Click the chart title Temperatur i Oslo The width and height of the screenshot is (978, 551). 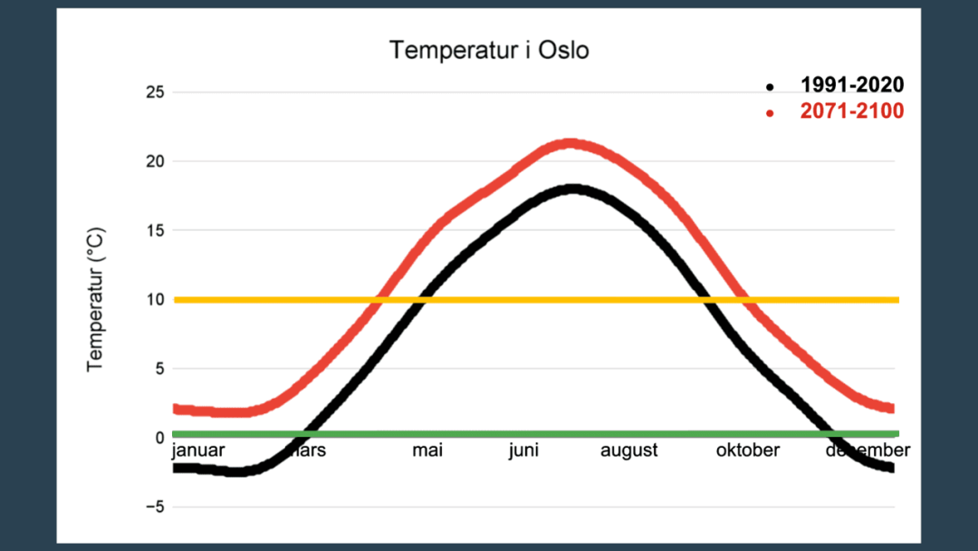click(x=489, y=50)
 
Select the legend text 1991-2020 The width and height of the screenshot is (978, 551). click(x=851, y=86)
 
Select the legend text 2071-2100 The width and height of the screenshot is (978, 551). click(x=851, y=112)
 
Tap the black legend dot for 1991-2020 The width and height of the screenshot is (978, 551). click(x=770, y=87)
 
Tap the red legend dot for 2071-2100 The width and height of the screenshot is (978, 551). click(x=770, y=113)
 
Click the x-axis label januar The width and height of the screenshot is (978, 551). click(x=197, y=450)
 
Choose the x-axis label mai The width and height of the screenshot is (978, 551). click(x=427, y=450)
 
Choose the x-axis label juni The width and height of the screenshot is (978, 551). click(x=523, y=450)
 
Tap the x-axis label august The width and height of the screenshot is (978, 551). click(x=628, y=450)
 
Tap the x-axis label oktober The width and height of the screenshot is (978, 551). click(x=747, y=450)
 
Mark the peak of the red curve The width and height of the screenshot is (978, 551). click(x=569, y=144)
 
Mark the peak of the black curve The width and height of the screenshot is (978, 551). click(x=572, y=189)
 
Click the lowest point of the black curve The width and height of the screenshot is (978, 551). click(x=235, y=471)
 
